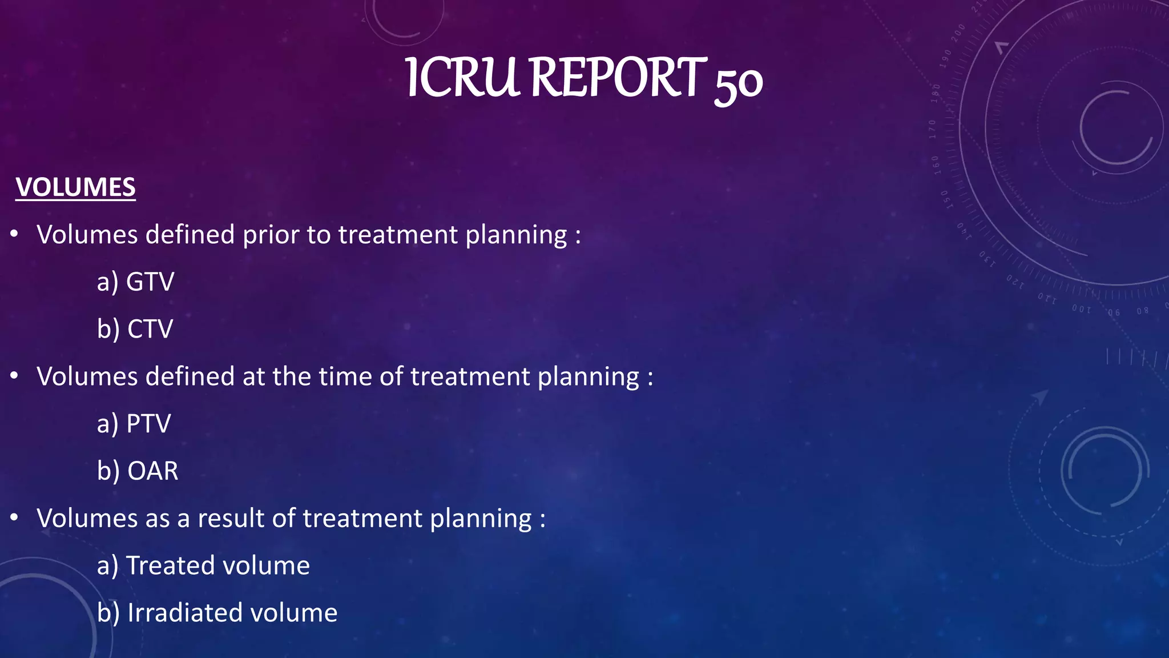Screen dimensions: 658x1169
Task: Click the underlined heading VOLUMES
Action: point(75,187)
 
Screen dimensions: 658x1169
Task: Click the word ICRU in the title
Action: point(462,78)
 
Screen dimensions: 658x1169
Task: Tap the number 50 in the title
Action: point(738,83)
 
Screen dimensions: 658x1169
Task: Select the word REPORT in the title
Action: point(618,78)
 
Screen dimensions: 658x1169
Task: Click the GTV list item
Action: point(150,282)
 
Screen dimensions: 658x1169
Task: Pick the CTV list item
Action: point(150,329)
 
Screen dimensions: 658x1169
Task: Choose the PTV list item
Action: point(148,424)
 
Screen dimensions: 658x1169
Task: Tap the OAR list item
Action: point(152,471)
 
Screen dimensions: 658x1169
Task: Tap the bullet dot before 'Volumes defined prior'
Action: point(15,234)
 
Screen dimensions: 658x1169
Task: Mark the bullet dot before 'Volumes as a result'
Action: point(15,517)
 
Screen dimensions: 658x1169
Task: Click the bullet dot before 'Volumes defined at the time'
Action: point(15,376)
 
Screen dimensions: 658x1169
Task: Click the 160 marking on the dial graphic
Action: point(936,165)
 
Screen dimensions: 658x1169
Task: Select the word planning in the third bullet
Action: point(481,519)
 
